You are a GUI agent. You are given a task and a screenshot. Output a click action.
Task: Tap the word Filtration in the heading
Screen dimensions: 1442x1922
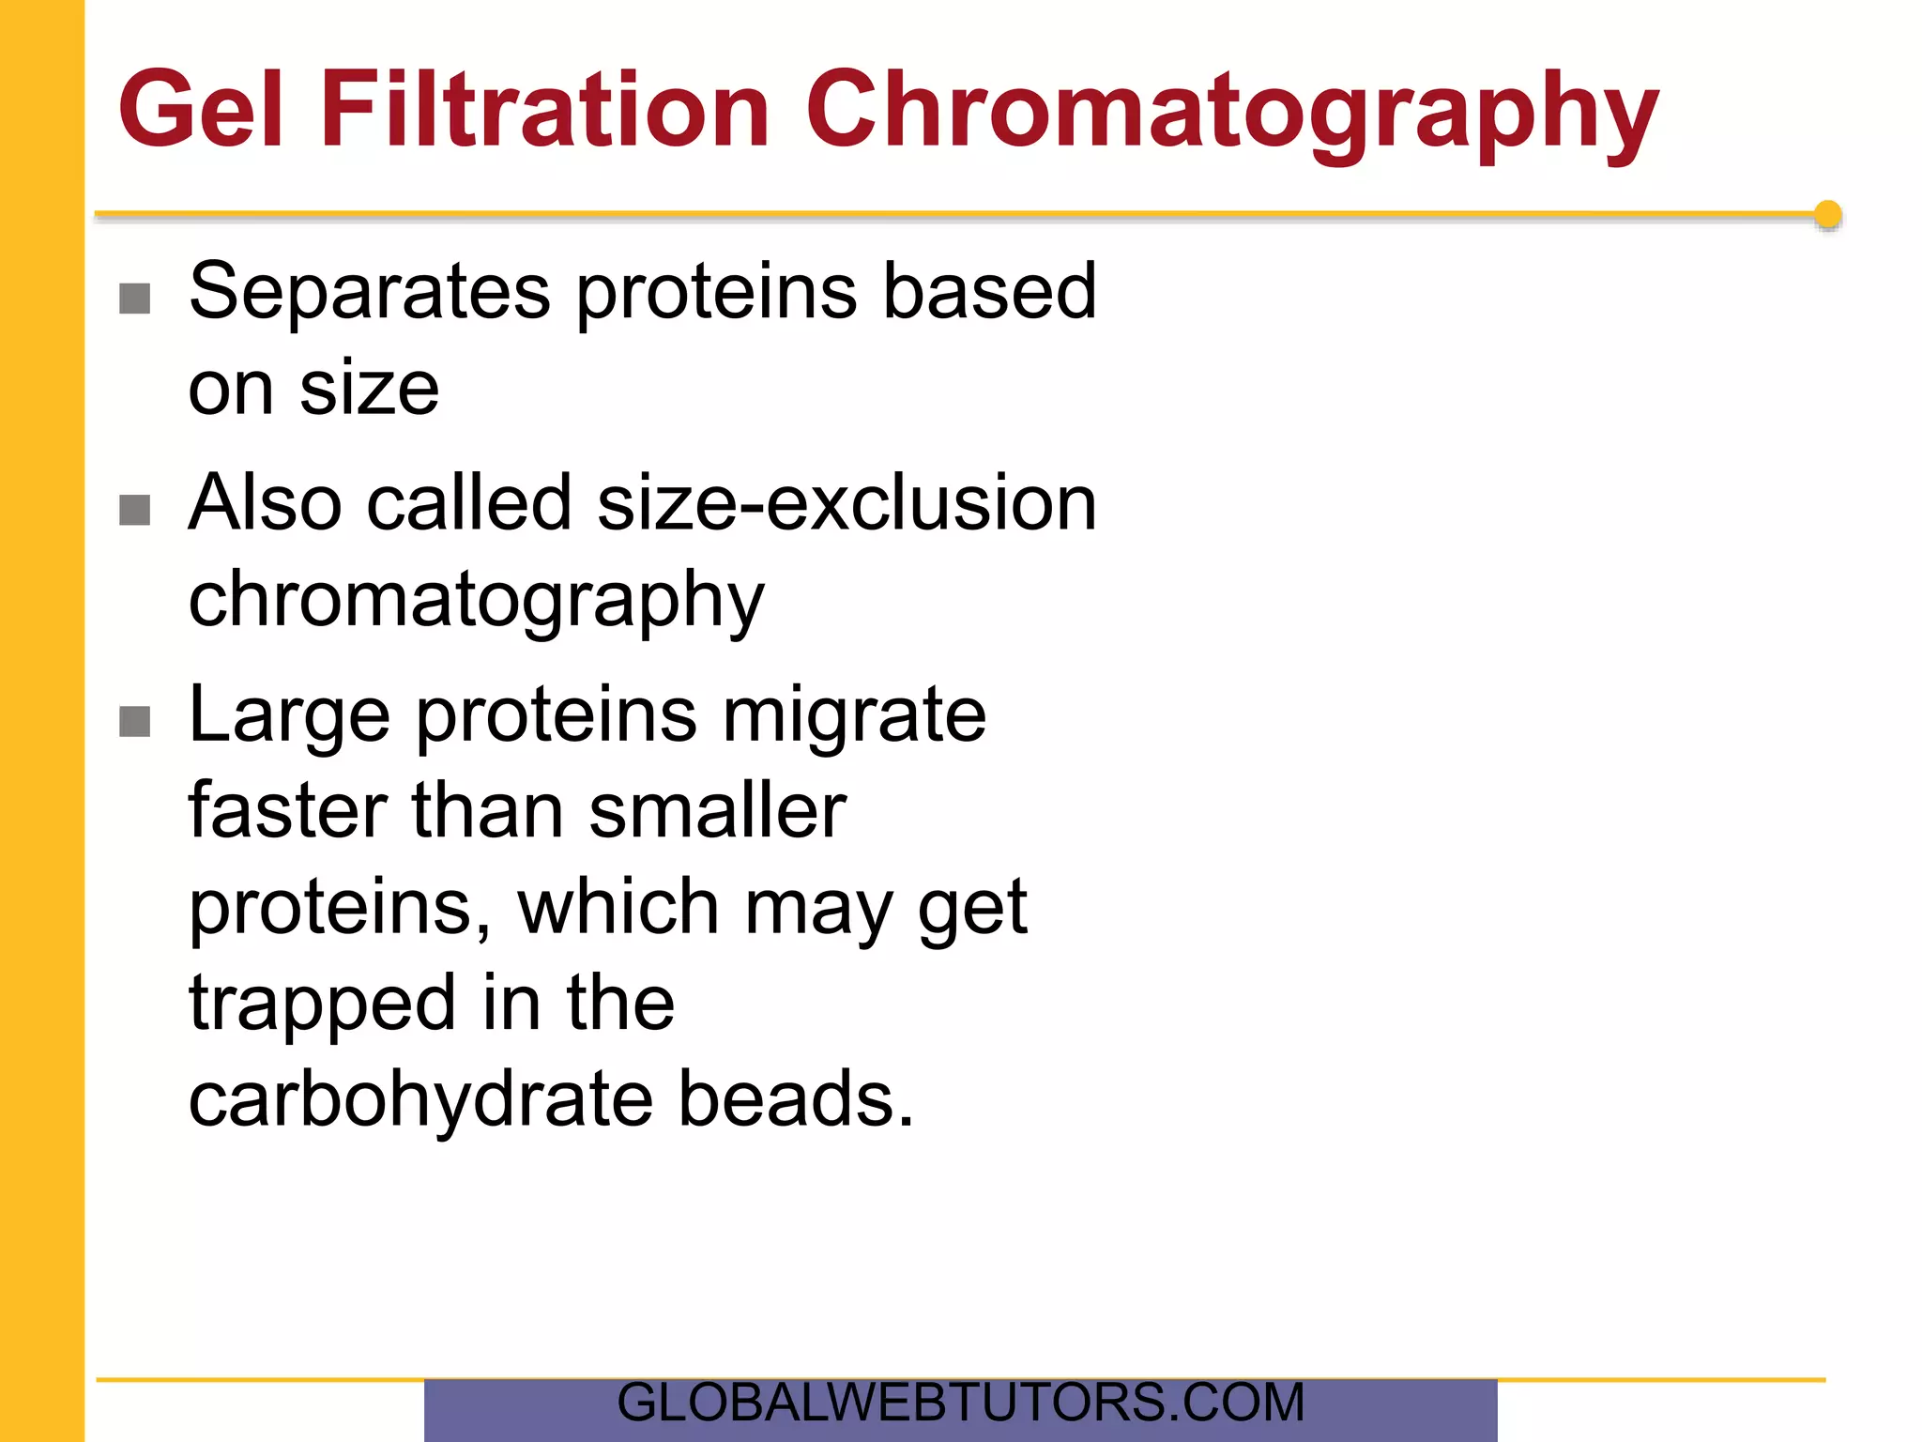[544, 110]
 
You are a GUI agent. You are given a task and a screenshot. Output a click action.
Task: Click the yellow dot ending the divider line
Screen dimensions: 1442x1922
[1827, 215]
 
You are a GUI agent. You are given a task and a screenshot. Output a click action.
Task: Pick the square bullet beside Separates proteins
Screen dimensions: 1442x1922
[135, 299]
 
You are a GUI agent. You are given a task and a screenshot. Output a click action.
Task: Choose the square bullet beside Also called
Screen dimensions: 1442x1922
[135, 511]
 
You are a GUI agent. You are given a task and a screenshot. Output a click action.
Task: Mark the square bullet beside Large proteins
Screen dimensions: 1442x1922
[135, 722]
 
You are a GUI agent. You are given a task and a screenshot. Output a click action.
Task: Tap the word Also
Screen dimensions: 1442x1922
[265, 503]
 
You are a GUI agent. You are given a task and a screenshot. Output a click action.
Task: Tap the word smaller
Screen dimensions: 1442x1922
[718, 810]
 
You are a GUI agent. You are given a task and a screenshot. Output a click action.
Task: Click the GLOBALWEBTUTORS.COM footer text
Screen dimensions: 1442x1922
[960, 1404]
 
